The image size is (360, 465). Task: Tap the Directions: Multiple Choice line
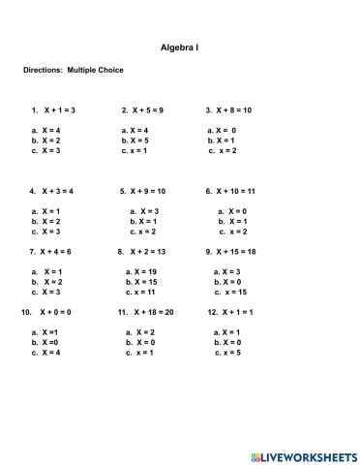tap(74, 70)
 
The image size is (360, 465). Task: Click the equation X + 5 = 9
tap(146, 110)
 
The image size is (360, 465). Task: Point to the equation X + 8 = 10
tap(233, 110)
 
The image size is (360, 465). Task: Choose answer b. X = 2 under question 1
tap(46, 140)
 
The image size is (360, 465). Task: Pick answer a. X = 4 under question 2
tap(135, 130)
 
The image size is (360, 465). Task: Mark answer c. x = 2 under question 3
tap(222, 151)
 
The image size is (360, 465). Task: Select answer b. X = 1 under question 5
tap(143, 221)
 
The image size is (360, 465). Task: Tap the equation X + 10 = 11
tap(235, 191)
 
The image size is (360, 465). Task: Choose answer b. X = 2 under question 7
tap(47, 281)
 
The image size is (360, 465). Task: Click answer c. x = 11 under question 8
tap(140, 292)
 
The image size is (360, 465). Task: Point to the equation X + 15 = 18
tap(235, 252)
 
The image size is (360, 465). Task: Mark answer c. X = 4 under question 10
tap(47, 353)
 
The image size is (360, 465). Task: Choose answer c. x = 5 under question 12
tap(225, 353)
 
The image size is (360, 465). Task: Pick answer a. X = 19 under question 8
tap(141, 271)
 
